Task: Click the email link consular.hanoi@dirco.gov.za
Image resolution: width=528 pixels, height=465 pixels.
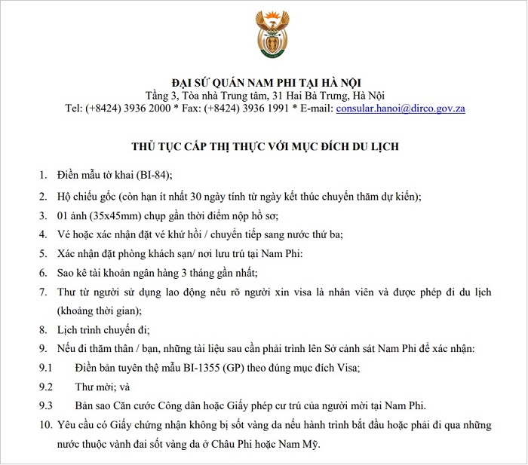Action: coord(400,109)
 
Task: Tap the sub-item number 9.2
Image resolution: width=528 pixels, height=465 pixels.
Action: coord(46,387)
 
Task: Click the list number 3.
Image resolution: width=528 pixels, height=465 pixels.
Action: coord(43,215)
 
